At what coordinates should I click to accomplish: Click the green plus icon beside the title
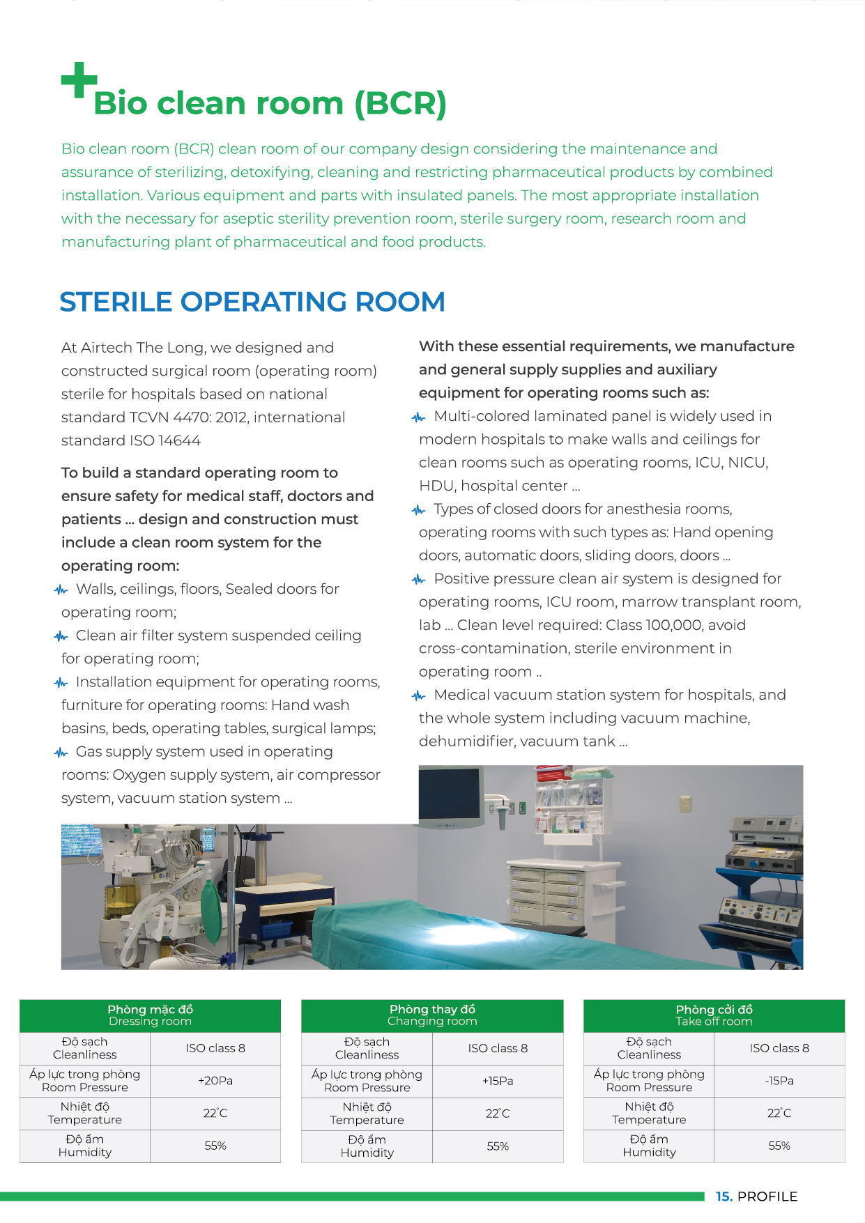click(78, 80)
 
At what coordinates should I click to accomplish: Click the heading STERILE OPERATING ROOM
click(252, 302)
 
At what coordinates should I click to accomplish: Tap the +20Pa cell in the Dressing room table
click(215, 1081)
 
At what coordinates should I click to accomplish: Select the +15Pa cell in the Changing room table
click(498, 1081)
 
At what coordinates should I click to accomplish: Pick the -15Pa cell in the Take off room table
click(779, 1081)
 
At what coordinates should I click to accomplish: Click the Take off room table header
click(714, 1015)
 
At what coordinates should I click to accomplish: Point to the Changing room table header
click(432, 1015)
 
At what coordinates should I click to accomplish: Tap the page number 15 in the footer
click(724, 1197)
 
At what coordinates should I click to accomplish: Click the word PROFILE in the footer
click(767, 1197)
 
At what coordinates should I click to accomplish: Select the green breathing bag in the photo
click(211, 907)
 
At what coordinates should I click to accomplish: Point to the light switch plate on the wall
click(685, 804)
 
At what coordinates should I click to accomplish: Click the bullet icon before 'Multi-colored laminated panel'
click(418, 417)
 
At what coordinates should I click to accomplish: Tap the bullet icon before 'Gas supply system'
click(61, 753)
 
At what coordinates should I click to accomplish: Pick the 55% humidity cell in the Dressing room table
click(215, 1146)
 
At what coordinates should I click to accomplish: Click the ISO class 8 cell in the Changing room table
click(498, 1048)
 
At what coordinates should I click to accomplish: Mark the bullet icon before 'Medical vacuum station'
click(418, 695)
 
